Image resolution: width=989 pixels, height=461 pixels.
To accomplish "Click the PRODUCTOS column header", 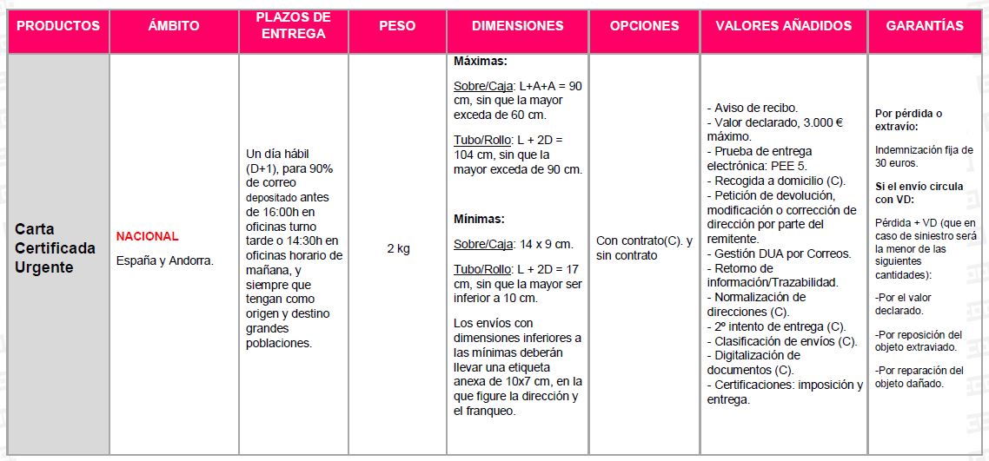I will (x=58, y=26).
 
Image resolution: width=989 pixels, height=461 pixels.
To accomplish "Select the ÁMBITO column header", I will (x=174, y=26).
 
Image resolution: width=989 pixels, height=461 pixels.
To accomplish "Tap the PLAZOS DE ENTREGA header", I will (x=294, y=26).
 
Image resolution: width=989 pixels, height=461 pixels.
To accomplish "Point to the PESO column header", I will (x=397, y=26).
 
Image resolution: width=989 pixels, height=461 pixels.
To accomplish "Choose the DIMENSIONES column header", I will (x=517, y=26).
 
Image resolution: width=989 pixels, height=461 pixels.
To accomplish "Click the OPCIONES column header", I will (x=644, y=26).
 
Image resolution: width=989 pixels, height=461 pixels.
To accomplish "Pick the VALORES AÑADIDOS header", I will (x=783, y=26).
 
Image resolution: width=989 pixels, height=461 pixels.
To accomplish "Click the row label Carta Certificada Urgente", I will (x=56, y=248).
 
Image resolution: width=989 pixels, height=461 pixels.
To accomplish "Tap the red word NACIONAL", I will (x=148, y=236).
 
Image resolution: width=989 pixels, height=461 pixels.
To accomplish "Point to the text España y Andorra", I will (x=164, y=260).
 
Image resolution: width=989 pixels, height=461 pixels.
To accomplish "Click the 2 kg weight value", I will (x=398, y=248).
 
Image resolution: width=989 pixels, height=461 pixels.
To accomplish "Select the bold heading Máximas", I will (x=480, y=63).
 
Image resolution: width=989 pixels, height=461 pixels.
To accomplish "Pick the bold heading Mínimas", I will (x=479, y=220).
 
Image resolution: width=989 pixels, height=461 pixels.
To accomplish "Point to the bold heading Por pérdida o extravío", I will (x=908, y=120).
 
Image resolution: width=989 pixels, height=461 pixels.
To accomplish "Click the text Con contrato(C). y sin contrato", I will (x=644, y=248).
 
